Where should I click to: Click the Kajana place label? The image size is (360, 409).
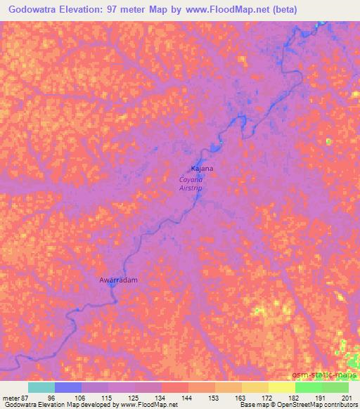click(x=202, y=169)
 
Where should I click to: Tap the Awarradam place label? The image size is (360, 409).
click(x=117, y=280)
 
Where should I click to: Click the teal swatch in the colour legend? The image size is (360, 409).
click(x=41, y=387)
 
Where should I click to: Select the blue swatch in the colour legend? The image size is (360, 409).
click(x=68, y=387)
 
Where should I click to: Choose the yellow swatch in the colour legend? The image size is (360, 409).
click(x=281, y=387)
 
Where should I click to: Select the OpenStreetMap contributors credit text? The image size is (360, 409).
click(x=319, y=405)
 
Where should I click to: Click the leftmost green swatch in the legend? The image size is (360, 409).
click(x=308, y=387)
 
